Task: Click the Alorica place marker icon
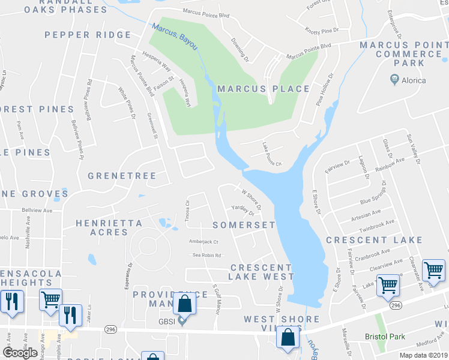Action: (x=395, y=79)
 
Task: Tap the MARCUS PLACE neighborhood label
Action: (x=264, y=89)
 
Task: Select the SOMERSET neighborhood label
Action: (x=244, y=225)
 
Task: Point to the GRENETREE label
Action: (x=122, y=176)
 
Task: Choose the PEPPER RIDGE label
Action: (x=88, y=35)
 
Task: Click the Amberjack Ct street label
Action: (x=204, y=242)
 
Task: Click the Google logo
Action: (x=20, y=353)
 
